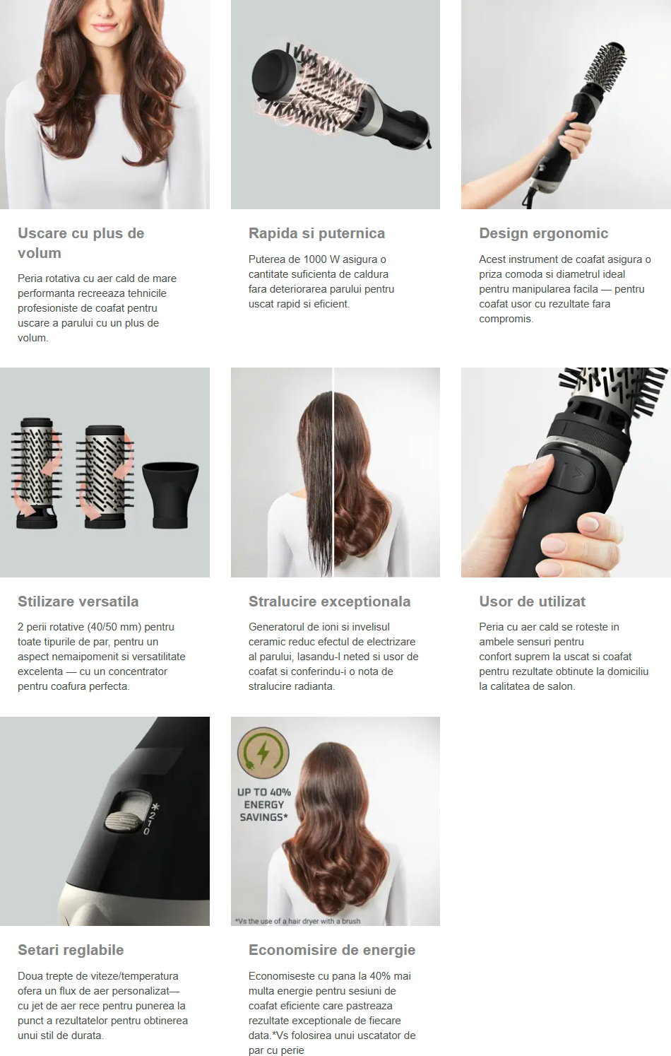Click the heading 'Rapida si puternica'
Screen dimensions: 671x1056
coord(316,233)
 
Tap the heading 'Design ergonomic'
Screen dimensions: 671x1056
coord(543,233)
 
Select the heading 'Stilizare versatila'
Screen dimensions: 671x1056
coord(78,602)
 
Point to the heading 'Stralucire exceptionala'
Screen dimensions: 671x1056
coord(329,602)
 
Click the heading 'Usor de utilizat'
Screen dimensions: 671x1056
coord(532,602)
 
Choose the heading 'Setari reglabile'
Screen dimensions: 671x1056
coord(71,950)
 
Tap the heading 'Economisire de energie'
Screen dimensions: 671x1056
coord(332,950)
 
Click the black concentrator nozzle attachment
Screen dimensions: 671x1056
coord(170,495)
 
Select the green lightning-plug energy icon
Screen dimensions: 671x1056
coord(263,753)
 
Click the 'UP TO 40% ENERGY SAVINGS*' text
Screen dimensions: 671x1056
coord(264,805)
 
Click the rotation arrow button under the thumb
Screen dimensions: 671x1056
coord(575,475)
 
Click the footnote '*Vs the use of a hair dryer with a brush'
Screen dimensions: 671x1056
coord(298,921)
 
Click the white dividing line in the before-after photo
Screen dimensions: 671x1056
coord(333,472)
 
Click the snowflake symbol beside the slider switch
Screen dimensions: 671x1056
coord(155,807)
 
